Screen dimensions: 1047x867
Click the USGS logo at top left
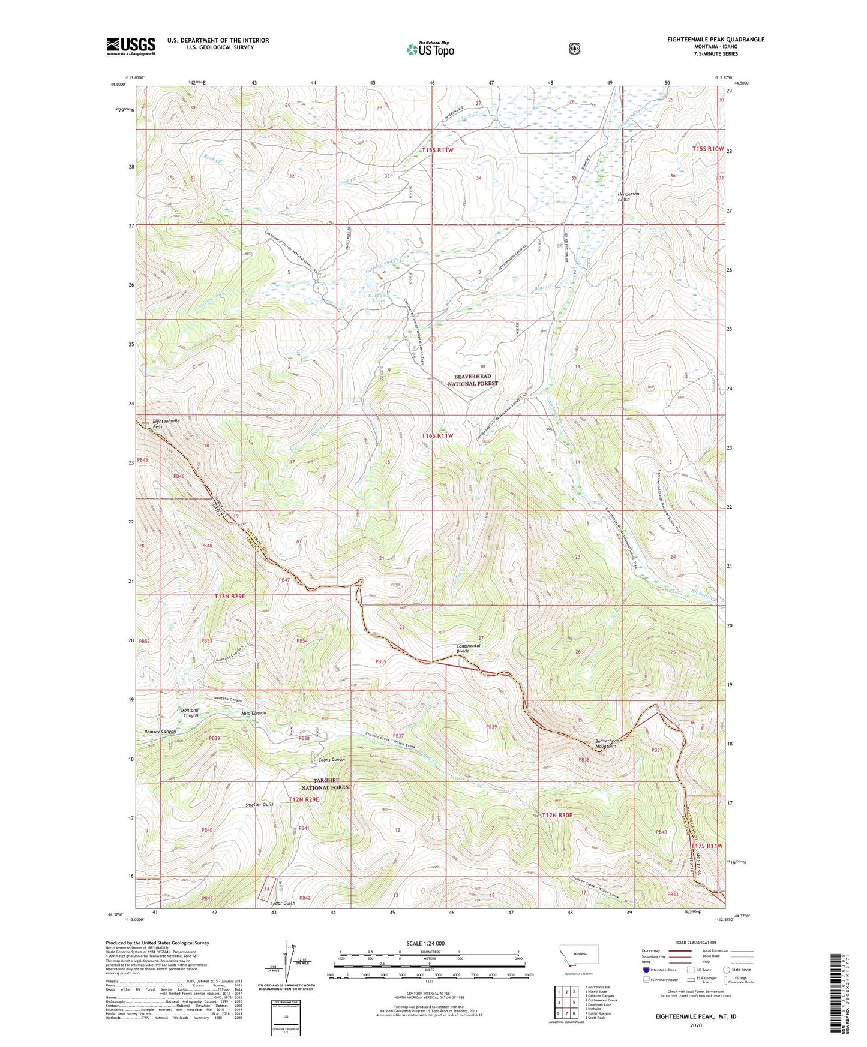[x=131, y=46]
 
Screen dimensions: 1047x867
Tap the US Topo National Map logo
[x=429, y=49]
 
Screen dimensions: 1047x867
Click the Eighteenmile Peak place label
[x=166, y=423]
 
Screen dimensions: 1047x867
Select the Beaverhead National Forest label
[x=473, y=380]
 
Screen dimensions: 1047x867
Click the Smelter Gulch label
[x=260, y=805]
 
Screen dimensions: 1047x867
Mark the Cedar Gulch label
[x=283, y=903]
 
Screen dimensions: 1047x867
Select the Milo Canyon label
[x=253, y=713]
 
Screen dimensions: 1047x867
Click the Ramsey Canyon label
[x=160, y=732]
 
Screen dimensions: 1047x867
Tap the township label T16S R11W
[x=437, y=436]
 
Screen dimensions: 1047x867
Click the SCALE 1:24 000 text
[x=425, y=943]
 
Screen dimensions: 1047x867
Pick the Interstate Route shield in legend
[x=646, y=970]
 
